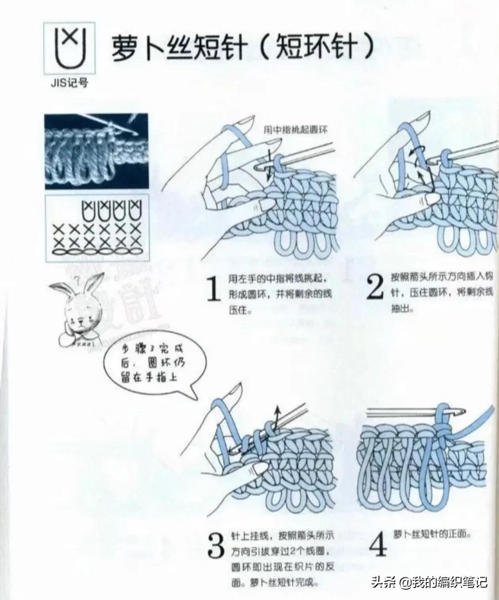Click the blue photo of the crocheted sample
coord(96,151)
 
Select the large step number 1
coord(212,289)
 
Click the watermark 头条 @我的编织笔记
coord(428,582)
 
